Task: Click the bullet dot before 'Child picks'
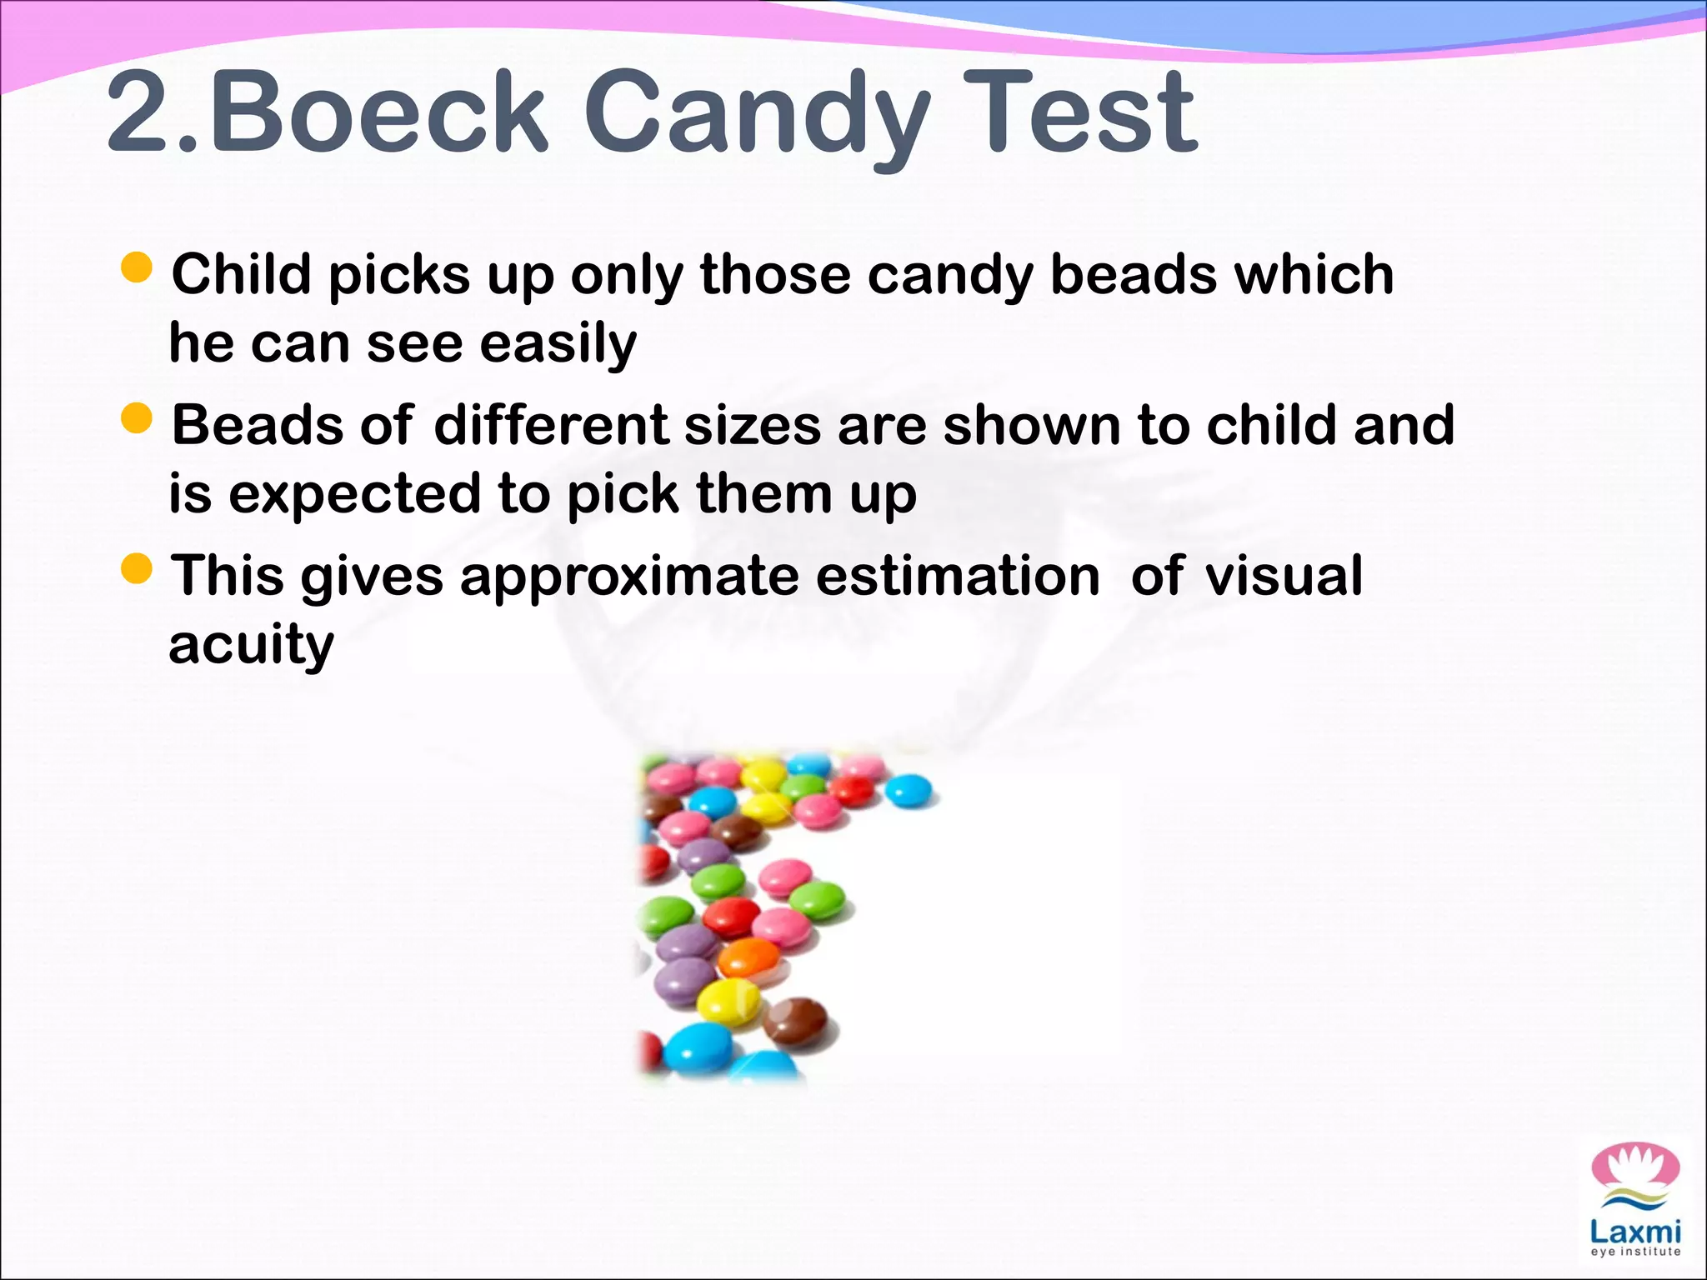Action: click(137, 268)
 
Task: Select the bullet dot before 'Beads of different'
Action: click(137, 419)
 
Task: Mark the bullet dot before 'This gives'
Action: click(137, 570)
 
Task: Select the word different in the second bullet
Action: click(551, 424)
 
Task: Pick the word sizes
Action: click(753, 424)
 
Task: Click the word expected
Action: click(354, 494)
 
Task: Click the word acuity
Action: click(251, 645)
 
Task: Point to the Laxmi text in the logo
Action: click(1635, 1231)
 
